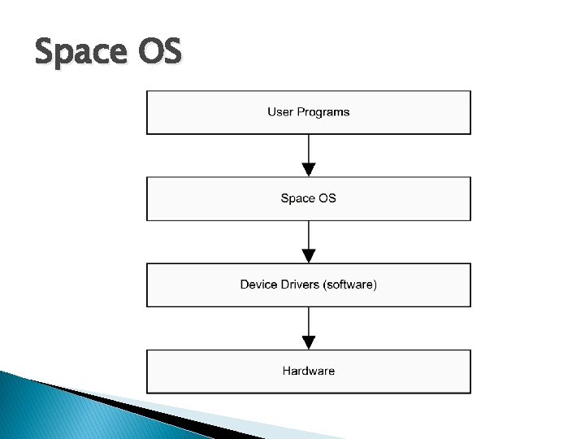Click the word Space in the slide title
pyautogui.click(x=79, y=54)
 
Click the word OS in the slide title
pyautogui.click(x=160, y=54)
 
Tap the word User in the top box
pyautogui.click(x=280, y=112)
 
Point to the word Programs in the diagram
pyautogui.click(x=323, y=112)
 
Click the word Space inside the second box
pyautogui.click(x=297, y=198)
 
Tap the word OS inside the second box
pyautogui.click(x=327, y=198)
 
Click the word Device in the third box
pyautogui.click(x=258, y=285)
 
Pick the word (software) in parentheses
pyautogui.click(x=350, y=285)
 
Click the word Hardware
pyautogui.click(x=309, y=371)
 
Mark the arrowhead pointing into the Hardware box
pyautogui.click(x=308, y=343)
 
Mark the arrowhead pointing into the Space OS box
pyautogui.click(x=308, y=170)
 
